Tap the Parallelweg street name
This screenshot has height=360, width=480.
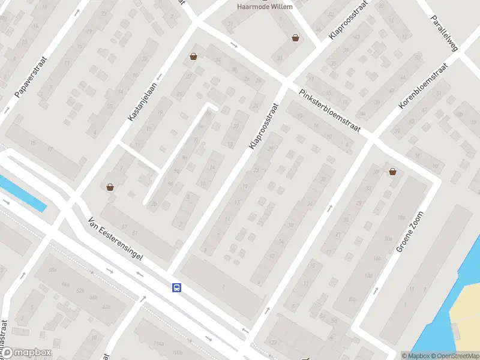click(x=444, y=33)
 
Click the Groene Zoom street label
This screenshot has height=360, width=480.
click(x=410, y=232)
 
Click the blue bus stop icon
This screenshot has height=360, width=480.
click(x=177, y=288)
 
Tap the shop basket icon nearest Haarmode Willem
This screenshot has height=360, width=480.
click(x=296, y=38)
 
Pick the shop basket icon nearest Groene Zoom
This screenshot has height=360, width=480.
click(x=393, y=172)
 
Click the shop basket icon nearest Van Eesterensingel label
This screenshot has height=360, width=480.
click(x=110, y=187)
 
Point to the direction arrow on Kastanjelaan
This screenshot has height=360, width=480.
click(x=160, y=77)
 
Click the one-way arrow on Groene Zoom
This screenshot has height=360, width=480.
click(x=376, y=290)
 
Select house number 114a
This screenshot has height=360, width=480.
click(x=158, y=344)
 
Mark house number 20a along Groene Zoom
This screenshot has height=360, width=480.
click(x=388, y=238)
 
